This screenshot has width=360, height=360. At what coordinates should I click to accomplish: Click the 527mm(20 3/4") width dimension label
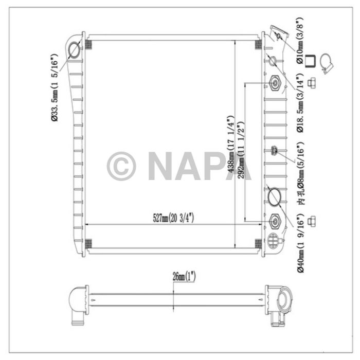pos(173,218)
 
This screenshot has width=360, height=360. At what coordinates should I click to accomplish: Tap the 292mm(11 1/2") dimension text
pos(241,150)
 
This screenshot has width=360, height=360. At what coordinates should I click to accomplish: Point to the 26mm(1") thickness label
pos(184,277)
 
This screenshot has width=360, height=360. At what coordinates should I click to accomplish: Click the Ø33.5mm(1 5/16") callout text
pos(55,87)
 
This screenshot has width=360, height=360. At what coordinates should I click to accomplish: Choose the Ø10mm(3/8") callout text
pos(300,41)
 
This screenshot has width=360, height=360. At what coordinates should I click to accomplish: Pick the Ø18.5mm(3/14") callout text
pos(300,103)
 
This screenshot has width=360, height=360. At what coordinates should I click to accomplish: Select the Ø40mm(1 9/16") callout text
pos(300,243)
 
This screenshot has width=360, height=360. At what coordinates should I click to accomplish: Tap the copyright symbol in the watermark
pos(121,166)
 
